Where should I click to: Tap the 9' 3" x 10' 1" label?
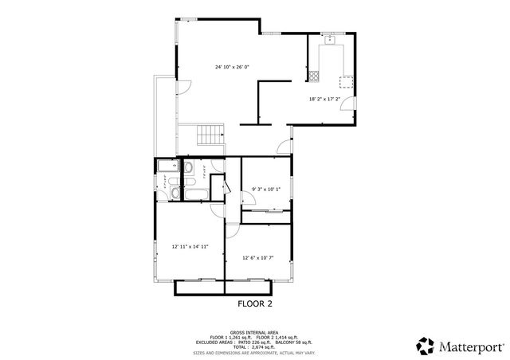click(x=266, y=189)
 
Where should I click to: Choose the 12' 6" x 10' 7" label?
click(x=258, y=257)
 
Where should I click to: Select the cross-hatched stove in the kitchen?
click(x=315, y=77)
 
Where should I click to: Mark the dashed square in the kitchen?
click(x=346, y=80)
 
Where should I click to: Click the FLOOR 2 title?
click(x=255, y=303)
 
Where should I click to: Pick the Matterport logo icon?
click(x=425, y=346)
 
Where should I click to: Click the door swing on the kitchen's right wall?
click(x=349, y=108)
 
